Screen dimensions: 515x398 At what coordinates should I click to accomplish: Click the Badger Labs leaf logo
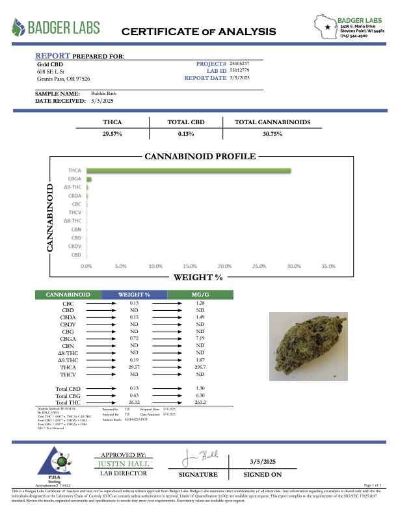(x=20, y=27)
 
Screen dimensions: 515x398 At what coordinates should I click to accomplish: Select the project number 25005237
(x=240, y=63)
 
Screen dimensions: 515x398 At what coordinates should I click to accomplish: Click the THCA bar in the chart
(x=189, y=170)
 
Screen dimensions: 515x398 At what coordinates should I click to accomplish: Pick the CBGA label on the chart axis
(x=75, y=179)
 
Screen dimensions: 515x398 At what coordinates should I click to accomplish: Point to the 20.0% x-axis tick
(x=224, y=266)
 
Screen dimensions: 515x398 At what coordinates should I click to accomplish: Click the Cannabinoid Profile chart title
(x=199, y=157)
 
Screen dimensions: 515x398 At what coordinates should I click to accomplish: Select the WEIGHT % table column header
(x=134, y=295)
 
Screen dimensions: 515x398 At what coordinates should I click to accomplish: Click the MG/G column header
(x=200, y=295)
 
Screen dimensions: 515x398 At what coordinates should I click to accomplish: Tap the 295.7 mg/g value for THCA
(x=200, y=367)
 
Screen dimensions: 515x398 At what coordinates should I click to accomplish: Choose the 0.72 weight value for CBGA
(x=134, y=339)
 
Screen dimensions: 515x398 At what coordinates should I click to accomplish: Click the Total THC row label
(x=68, y=403)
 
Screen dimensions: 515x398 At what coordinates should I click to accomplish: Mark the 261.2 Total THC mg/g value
(x=200, y=403)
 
